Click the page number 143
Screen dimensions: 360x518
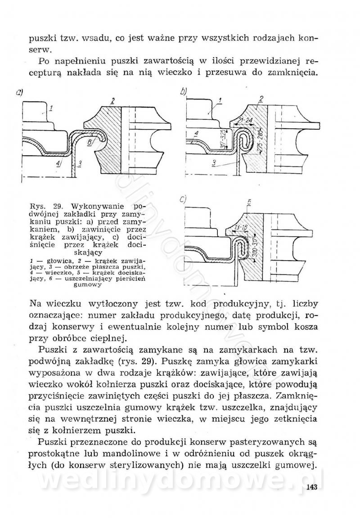pyautogui.click(x=311, y=487)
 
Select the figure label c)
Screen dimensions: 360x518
pyautogui.click(x=183, y=199)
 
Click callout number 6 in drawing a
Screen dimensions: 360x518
pyautogui.click(x=90, y=142)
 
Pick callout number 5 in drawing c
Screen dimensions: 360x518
pyautogui.click(x=249, y=203)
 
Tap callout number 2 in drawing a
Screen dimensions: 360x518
pyautogui.click(x=112, y=101)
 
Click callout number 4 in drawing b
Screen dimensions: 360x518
pyautogui.click(x=197, y=134)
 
